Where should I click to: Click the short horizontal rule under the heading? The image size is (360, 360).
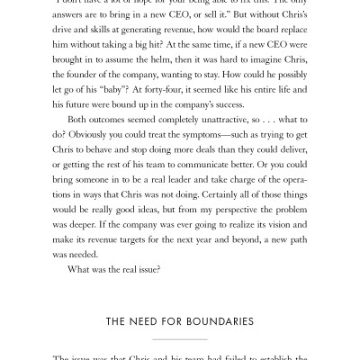pyautogui.click(x=180, y=339)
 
